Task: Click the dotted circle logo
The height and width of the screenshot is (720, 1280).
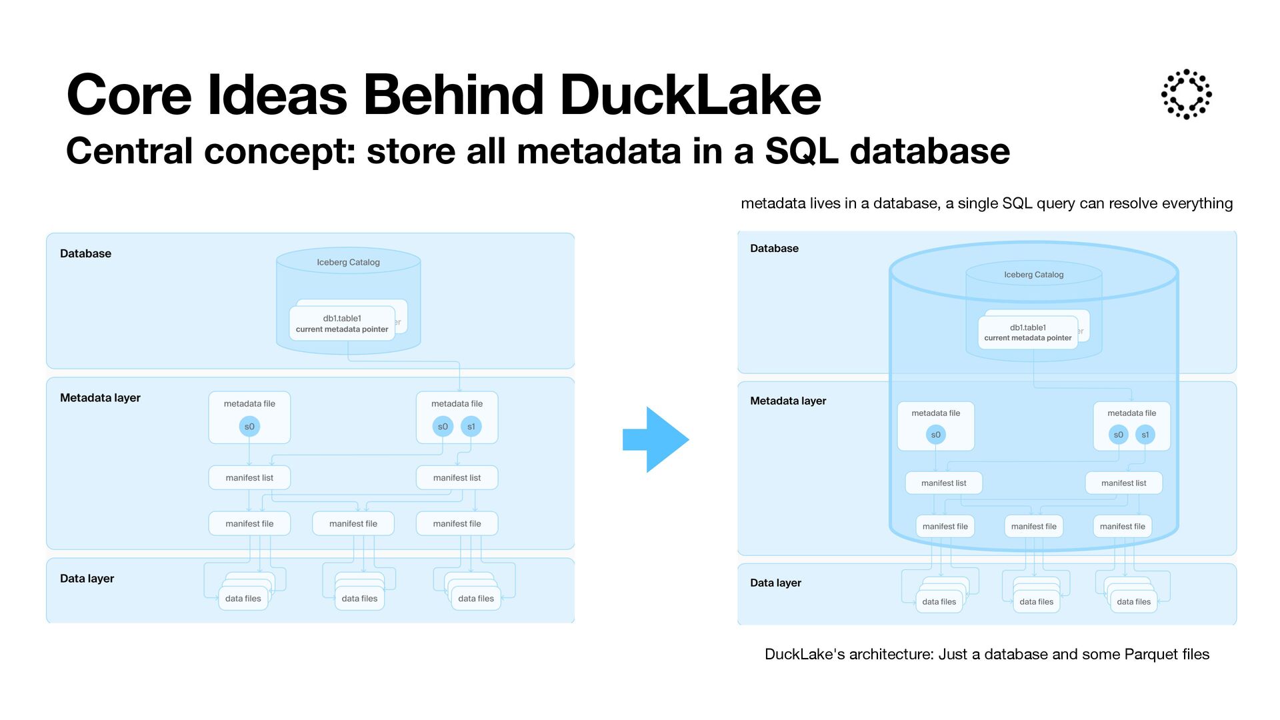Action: [1186, 94]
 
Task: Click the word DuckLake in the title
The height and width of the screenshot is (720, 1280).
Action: [690, 95]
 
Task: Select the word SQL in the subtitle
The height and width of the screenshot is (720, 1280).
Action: [801, 150]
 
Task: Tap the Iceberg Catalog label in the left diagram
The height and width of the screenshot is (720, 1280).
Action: [348, 262]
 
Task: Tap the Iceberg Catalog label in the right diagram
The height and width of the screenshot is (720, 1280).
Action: [1033, 275]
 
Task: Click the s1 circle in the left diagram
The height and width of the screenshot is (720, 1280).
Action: [471, 427]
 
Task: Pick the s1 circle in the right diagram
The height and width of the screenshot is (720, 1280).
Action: [1145, 435]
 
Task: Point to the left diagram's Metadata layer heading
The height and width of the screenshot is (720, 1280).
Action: [100, 398]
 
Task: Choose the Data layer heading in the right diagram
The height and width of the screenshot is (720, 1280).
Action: [775, 583]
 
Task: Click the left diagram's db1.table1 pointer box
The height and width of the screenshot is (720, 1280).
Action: [342, 323]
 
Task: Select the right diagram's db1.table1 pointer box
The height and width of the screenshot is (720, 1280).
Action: [1027, 332]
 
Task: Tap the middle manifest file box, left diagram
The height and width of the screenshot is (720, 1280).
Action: [353, 524]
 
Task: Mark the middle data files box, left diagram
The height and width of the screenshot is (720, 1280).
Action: [359, 599]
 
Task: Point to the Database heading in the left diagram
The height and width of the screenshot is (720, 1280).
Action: [85, 253]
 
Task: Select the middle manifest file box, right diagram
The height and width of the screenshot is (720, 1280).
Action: [1033, 527]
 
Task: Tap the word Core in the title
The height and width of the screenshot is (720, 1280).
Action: [129, 95]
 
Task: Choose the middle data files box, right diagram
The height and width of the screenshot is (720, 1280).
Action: [1036, 602]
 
